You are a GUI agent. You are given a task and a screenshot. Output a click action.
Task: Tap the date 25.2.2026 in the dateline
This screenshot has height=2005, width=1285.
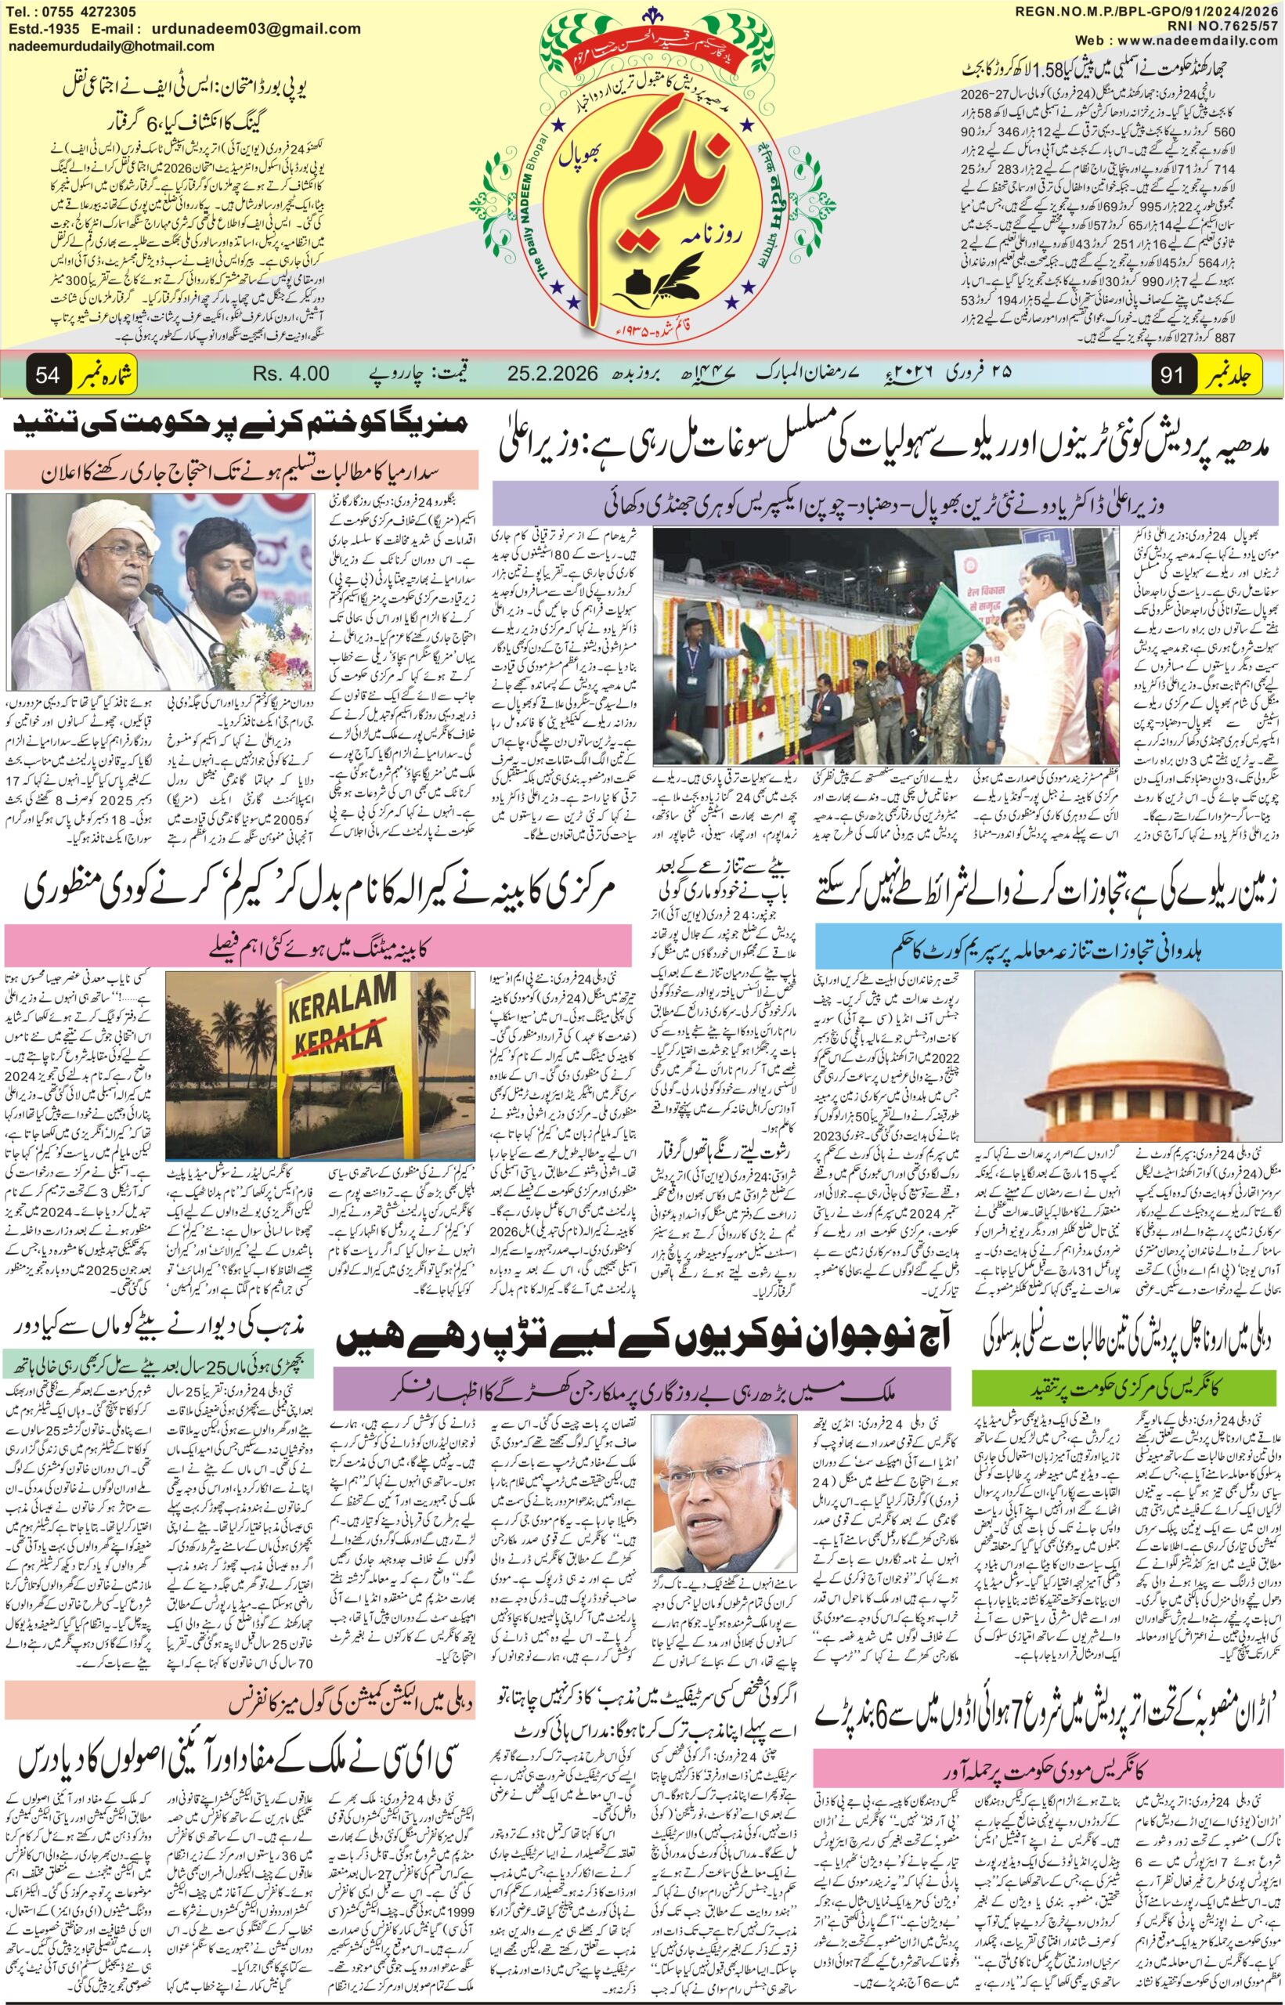point(551,373)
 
